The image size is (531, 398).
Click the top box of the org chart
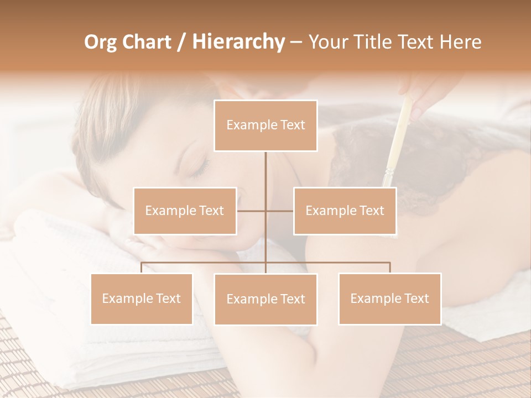[x=265, y=125]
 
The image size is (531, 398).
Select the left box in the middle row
[x=185, y=211]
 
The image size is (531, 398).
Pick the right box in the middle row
[x=345, y=211]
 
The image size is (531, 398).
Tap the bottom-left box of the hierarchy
[x=142, y=298]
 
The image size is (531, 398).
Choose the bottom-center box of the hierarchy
[x=265, y=299]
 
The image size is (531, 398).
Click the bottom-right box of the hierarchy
[x=389, y=298]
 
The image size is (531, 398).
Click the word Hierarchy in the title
[x=238, y=41]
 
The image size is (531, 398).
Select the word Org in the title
[x=100, y=42]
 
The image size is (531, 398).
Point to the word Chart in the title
[x=146, y=42]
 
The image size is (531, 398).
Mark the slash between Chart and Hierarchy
[x=181, y=42]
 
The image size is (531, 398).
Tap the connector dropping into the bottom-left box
[x=142, y=268]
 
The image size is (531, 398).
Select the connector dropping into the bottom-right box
[x=389, y=268]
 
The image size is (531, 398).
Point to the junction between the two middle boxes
[x=265, y=211]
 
